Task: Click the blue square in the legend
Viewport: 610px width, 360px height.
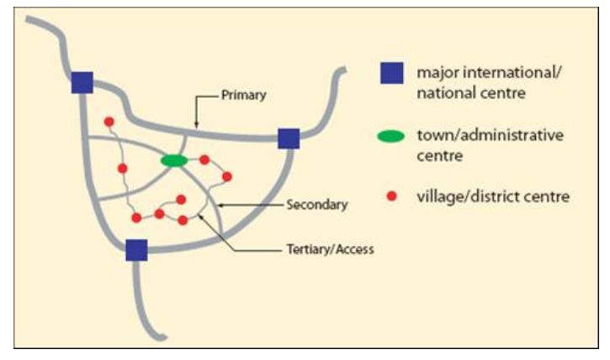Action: (x=392, y=73)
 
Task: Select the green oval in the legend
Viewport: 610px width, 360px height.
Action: (x=391, y=136)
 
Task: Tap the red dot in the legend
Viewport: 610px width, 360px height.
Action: (x=392, y=196)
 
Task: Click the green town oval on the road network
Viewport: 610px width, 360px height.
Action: (x=174, y=161)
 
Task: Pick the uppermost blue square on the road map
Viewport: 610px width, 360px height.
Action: (x=82, y=82)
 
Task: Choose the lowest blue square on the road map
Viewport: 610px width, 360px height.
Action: (x=136, y=250)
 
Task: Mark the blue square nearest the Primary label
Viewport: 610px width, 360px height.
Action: (x=289, y=139)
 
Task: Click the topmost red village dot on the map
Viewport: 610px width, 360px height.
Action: (x=109, y=122)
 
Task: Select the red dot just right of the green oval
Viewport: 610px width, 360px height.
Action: (x=204, y=160)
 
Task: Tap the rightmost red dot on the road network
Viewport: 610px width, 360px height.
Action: (x=227, y=177)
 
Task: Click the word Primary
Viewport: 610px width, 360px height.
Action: (x=243, y=95)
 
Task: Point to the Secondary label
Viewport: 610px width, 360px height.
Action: (x=317, y=205)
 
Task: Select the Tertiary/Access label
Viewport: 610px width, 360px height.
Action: (x=331, y=249)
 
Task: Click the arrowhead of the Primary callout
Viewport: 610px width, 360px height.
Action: (x=196, y=125)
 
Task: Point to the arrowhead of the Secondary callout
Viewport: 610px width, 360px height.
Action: (x=220, y=205)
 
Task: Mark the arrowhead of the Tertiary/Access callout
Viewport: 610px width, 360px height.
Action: (x=200, y=216)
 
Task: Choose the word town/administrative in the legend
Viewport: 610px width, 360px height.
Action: (x=491, y=135)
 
